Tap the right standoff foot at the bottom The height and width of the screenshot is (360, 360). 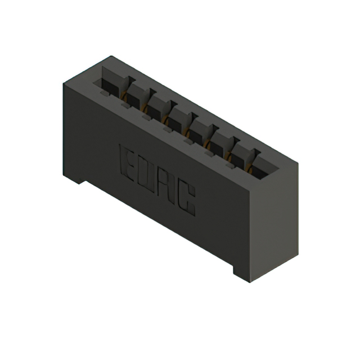(x=241, y=272)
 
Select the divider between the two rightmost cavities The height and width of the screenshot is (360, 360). (x=254, y=153)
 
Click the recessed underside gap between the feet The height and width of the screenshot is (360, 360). (x=157, y=225)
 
